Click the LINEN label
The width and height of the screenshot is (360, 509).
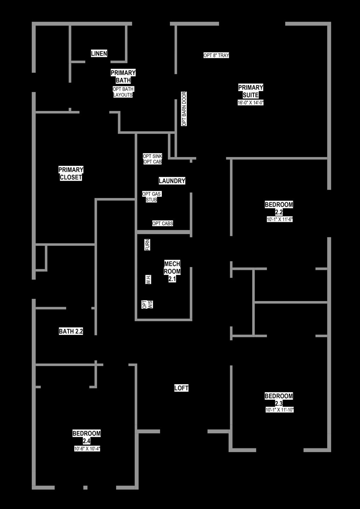[x=99, y=53]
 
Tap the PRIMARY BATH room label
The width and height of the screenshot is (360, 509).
[x=123, y=76]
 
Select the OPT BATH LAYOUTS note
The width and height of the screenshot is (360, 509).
[x=123, y=92]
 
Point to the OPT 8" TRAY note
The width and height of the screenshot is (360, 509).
[x=216, y=55]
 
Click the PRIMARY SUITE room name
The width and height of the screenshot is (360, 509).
[x=251, y=91]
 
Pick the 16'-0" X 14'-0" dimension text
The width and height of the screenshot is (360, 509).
[x=251, y=103]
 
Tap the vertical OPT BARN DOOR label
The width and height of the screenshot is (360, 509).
[x=184, y=109]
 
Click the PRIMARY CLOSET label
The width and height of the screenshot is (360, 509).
[x=71, y=173]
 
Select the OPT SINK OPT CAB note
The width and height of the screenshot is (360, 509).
[x=152, y=159]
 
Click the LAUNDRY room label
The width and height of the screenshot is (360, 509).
[x=172, y=181]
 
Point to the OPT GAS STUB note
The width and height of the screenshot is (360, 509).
[x=152, y=197]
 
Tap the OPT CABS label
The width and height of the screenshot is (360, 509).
[x=162, y=223]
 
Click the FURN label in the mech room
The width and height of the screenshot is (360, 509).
[x=147, y=245]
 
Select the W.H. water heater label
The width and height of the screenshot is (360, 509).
[x=148, y=279]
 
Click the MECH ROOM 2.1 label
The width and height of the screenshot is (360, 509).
[x=172, y=271]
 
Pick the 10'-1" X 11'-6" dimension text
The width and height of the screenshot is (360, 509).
[x=280, y=219]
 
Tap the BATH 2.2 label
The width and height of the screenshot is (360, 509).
[x=71, y=331]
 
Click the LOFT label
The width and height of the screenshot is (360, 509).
[x=181, y=388]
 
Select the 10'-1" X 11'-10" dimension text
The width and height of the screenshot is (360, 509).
[x=280, y=410]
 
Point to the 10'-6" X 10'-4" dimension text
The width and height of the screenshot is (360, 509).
[x=87, y=449]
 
